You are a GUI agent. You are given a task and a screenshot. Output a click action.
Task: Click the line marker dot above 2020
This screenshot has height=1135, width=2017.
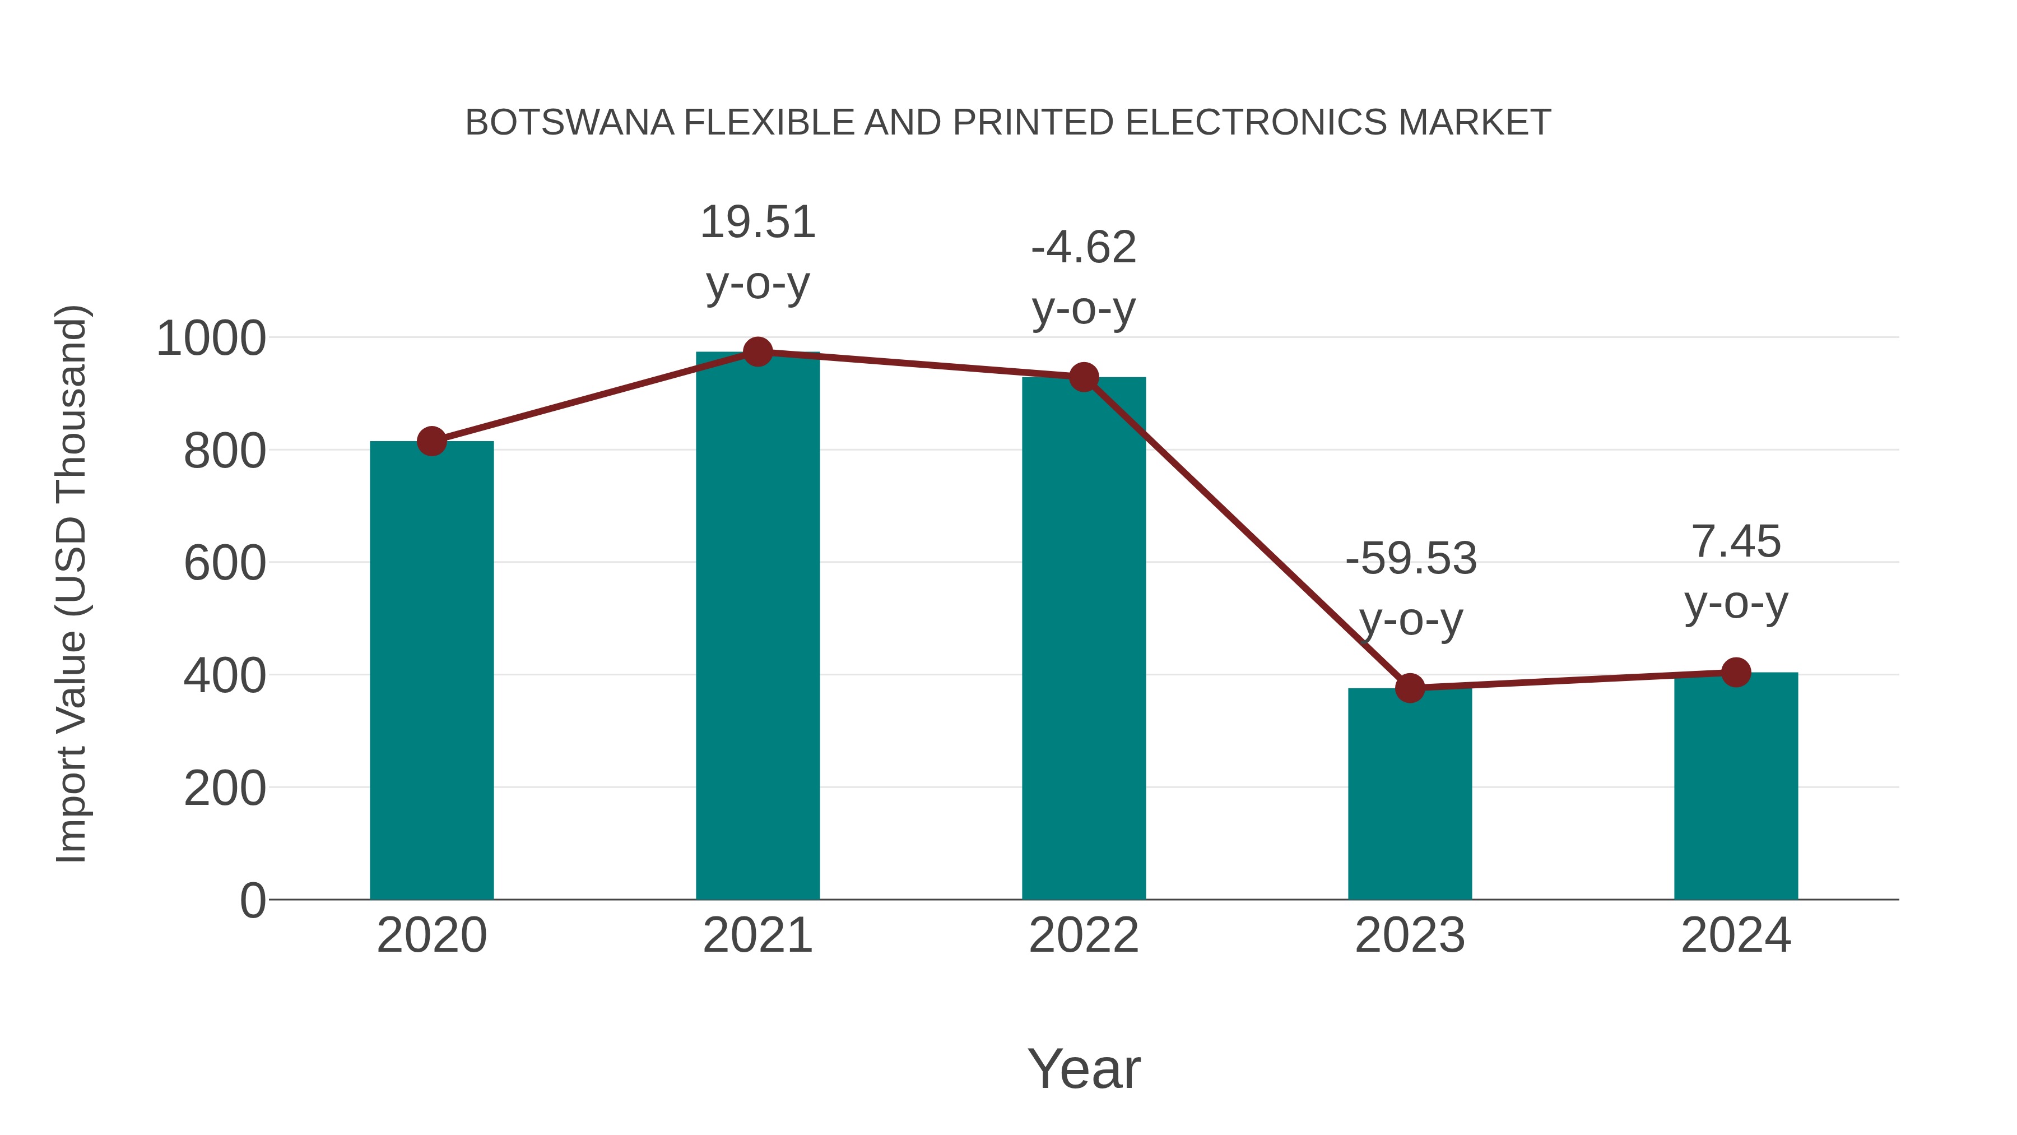(x=431, y=441)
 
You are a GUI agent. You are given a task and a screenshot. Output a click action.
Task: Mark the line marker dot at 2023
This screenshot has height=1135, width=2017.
(x=1410, y=688)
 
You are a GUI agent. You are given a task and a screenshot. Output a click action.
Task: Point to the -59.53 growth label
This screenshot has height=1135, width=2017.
(x=1410, y=559)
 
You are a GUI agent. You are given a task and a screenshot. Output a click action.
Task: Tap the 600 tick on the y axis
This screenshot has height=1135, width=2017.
(x=224, y=564)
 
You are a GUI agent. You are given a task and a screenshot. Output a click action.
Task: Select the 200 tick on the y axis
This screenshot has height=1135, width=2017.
(x=224, y=789)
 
